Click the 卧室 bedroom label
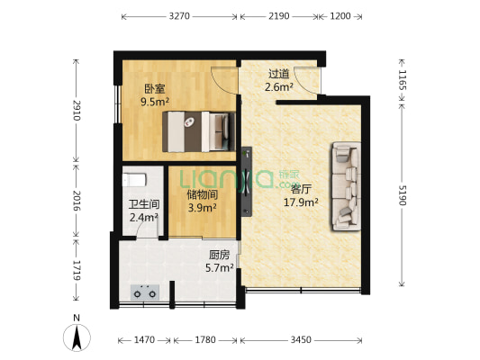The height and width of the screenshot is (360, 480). [155, 89]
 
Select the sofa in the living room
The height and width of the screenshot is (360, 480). [345, 184]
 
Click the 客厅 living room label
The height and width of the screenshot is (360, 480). [300, 189]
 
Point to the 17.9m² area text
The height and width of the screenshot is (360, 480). [302, 202]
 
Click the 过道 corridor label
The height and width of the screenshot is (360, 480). [278, 74]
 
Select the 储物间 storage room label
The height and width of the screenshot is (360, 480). [201, 193]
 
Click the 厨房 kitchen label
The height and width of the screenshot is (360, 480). [220, 254]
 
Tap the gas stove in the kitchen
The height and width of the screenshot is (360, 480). [146, 290]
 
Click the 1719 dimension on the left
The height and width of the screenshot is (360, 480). [77, 269]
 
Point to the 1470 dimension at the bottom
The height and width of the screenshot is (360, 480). [145, 340]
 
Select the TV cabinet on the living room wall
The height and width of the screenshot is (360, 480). [247, 175]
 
